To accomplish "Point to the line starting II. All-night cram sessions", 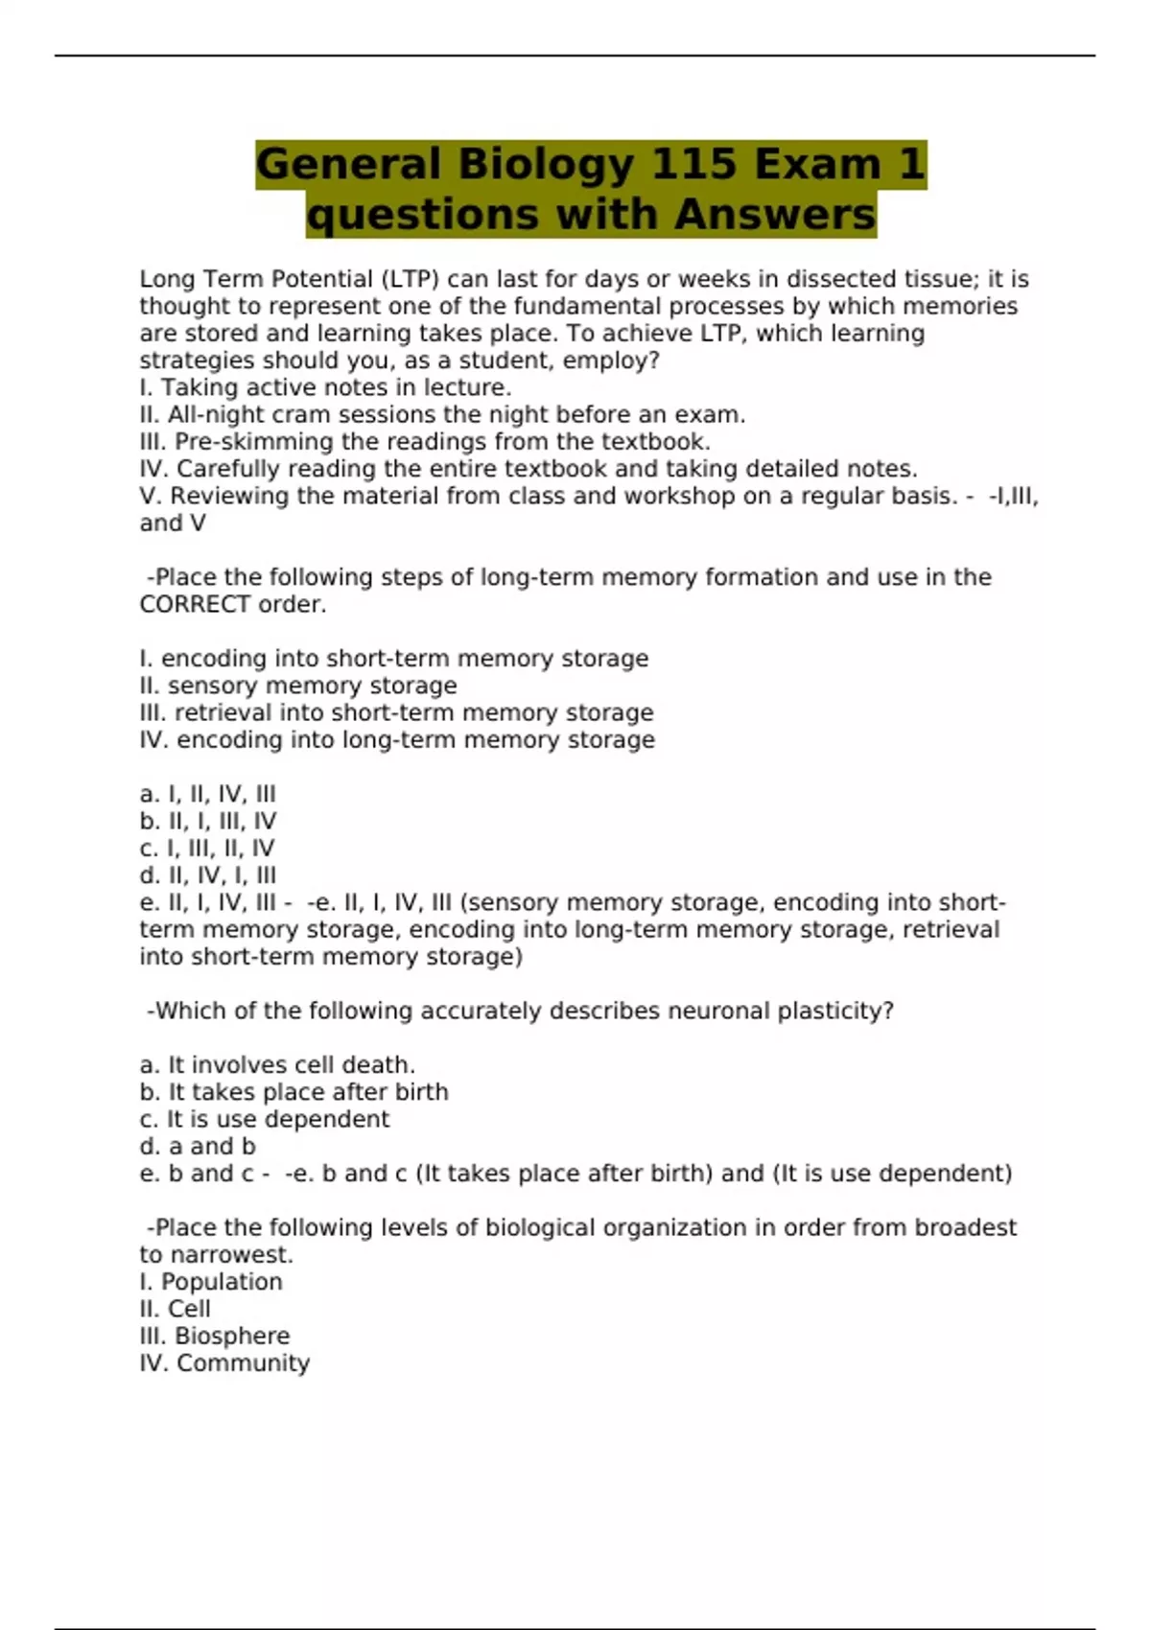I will point(442,415).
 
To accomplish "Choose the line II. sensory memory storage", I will point(298,687).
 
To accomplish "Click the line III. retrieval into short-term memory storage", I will point(396,713).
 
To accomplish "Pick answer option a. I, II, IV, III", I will point(207,795).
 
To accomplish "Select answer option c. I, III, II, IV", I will point(207,849).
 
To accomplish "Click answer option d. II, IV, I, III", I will point(207,875).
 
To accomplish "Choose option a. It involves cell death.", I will point(277,1065).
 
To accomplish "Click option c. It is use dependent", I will point(265,1120).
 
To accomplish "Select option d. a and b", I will point(198,1147).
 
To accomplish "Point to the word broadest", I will point(965,1228).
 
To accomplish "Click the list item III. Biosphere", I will point(215,1337).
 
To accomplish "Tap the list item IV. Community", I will point(224,1363).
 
